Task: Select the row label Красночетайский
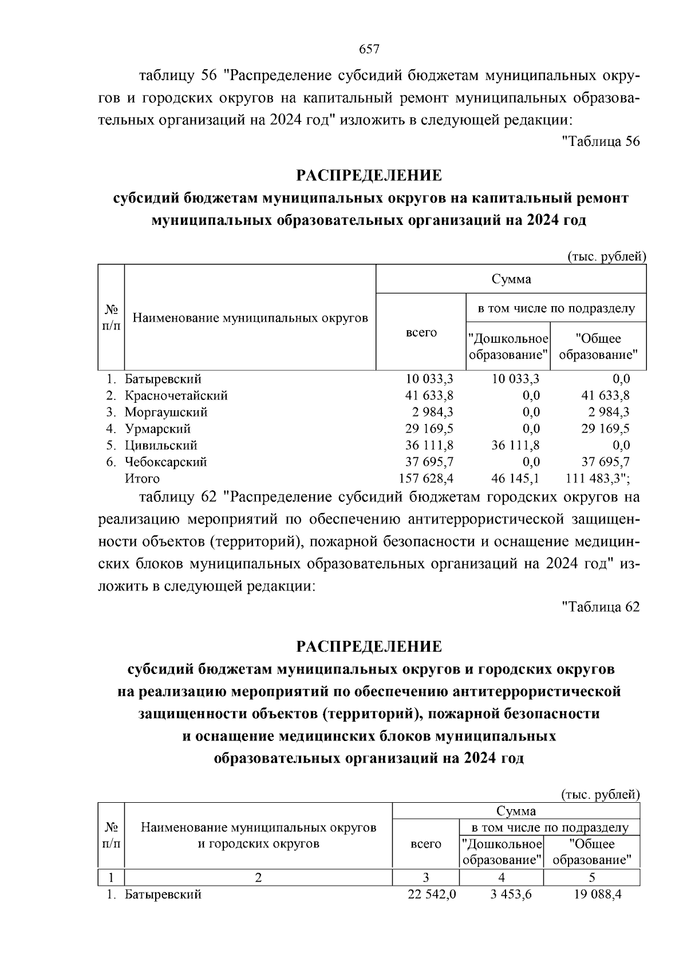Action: pos(176,395)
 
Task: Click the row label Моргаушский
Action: pos(166,412)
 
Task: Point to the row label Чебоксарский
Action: pos(166,462)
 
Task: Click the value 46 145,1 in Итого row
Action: pos(515,478)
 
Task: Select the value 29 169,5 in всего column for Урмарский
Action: pos(429,429)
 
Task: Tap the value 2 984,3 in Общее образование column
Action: pos(606,412)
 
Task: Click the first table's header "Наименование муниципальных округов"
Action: pos(250,318)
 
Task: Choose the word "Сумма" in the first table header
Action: pos(511,279)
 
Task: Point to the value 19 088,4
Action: pos(597,895)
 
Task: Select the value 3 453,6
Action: pos(511,895)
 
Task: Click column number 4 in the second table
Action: pos(502,878)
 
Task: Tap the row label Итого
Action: pos(143,478)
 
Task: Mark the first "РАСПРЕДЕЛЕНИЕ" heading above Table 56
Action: pos(369,175)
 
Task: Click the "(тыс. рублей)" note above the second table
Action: pos(599,794)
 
